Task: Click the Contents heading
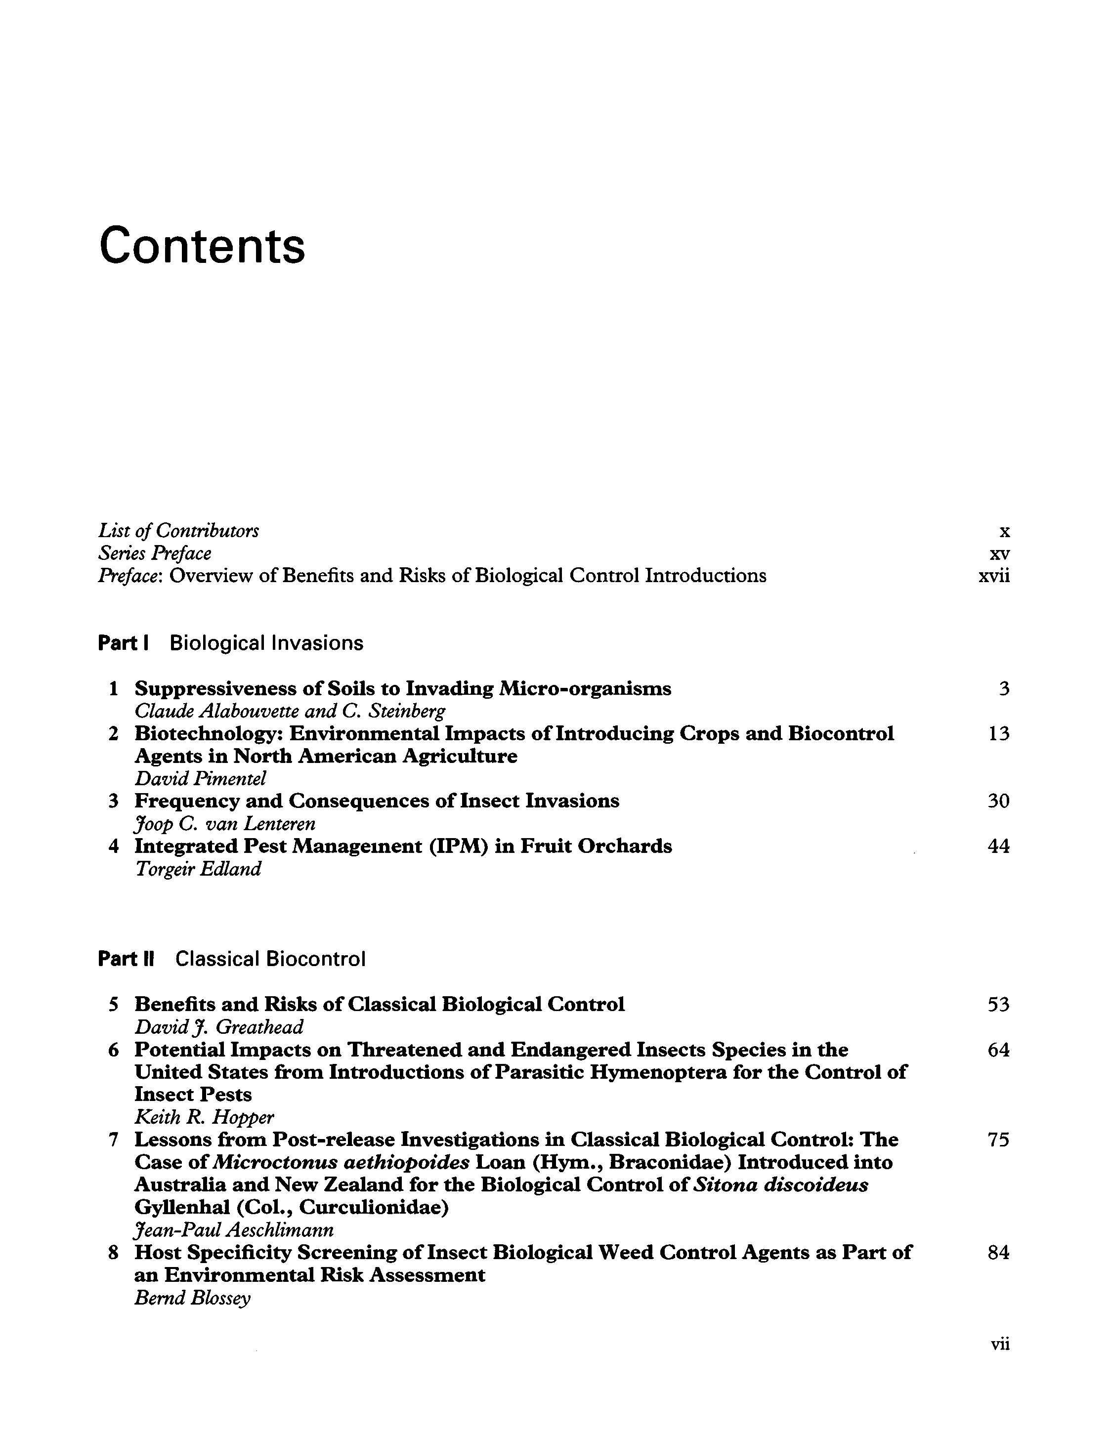202,246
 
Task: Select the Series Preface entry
155,553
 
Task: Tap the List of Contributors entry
178,530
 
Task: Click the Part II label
126,959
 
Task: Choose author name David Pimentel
200,778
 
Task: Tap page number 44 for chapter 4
998,846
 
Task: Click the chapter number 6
113,1050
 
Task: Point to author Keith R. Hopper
204,1117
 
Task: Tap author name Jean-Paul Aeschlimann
234,1230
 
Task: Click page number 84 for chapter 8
998,1252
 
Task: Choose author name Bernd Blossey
192,1298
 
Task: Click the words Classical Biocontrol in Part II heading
270,959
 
